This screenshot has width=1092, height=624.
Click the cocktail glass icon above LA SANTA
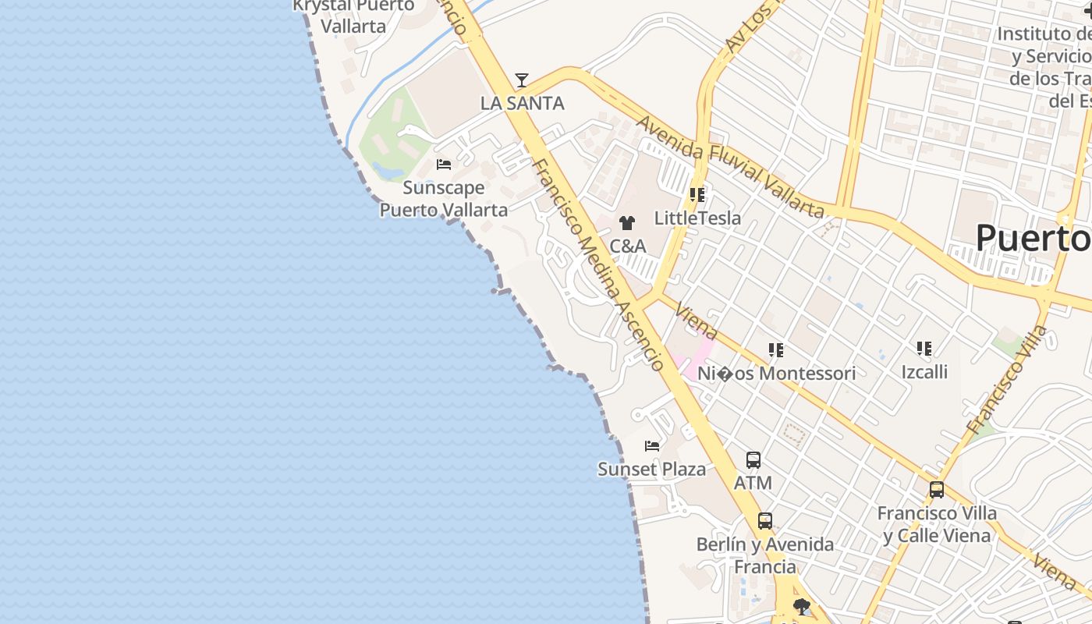point(522,80)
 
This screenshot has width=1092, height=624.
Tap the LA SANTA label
point(522,103)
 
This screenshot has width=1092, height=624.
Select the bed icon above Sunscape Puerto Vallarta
point(444,165)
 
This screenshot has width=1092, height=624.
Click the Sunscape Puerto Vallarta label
point(443,199)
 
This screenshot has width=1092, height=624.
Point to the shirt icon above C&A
point(627,223)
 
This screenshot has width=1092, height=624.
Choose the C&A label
point(627,246)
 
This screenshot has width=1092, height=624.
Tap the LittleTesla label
point(697,218)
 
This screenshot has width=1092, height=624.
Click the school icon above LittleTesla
point(697,195)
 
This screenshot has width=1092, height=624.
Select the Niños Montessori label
point(776,374)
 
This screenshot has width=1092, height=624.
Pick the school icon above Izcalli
point(924,348)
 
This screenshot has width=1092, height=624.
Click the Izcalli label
point(924,371)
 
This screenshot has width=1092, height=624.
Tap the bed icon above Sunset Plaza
point(652,446)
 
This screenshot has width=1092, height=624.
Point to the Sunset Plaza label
point(651,469)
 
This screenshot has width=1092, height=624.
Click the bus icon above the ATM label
point(753,460)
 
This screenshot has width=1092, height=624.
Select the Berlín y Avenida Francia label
point(765,555)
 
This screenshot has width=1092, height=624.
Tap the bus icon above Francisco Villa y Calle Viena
point(937,490)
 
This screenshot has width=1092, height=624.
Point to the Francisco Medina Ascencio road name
point(598,265)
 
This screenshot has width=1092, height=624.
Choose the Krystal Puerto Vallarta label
point(353,16)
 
